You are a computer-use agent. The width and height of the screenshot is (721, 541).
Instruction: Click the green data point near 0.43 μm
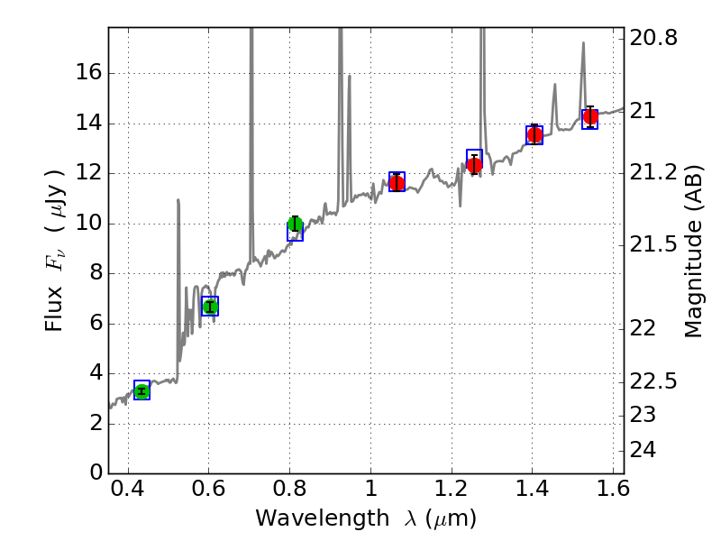pos(141,390)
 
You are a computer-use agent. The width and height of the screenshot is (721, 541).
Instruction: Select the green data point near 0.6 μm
pos(210,307)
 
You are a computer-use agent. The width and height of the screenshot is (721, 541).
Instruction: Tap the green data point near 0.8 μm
pos(295,224)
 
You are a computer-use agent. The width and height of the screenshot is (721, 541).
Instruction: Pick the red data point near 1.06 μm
pos(397,183)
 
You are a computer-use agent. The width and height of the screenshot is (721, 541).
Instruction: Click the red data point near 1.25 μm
pos(474,165)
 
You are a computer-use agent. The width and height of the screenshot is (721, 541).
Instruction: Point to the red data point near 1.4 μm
pos(534,135)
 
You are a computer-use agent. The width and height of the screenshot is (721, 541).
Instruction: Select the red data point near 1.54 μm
pos(590,117)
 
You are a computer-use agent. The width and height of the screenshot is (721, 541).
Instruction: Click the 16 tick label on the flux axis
pos(88,73)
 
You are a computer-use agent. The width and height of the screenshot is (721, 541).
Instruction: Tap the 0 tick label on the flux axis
pos(94,473)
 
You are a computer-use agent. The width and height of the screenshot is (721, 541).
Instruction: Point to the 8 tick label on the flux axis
pos(94,273)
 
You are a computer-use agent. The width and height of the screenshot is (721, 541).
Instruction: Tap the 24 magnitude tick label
pos(647,450)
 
